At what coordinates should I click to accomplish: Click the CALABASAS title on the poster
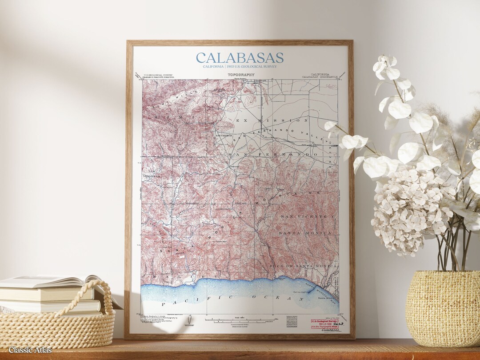[x=240, y=58]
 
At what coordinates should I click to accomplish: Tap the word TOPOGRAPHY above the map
[x=241, y=75]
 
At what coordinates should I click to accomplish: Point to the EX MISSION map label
[x=272, y=120]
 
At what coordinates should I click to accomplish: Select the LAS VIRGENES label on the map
[x=151, y=174]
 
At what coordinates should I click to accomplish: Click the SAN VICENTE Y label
[x=306, y=216]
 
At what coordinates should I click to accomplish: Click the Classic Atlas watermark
[x=30, y=350]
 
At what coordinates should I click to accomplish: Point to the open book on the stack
[x=53, y=282]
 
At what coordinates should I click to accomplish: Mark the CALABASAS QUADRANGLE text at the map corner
[x=320, y=76]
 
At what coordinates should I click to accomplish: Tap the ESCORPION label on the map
[x=224, y=135]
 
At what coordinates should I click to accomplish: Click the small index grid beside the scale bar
[x=292, y=320]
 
